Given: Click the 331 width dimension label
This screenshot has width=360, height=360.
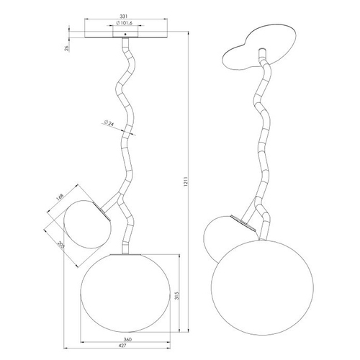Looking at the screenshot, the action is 123,17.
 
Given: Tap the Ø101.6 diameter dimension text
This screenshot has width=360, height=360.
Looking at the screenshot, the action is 125,23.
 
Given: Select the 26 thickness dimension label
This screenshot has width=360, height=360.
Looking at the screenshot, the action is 67,48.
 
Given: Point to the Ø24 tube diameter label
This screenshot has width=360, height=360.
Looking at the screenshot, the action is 109,123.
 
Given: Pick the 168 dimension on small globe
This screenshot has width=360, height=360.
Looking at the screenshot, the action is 60,197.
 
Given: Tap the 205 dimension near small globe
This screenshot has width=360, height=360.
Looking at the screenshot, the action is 61,245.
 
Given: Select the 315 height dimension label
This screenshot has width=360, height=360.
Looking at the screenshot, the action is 177,296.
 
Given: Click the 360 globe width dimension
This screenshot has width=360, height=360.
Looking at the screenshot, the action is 127,339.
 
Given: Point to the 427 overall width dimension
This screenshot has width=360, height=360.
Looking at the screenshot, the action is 122,346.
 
